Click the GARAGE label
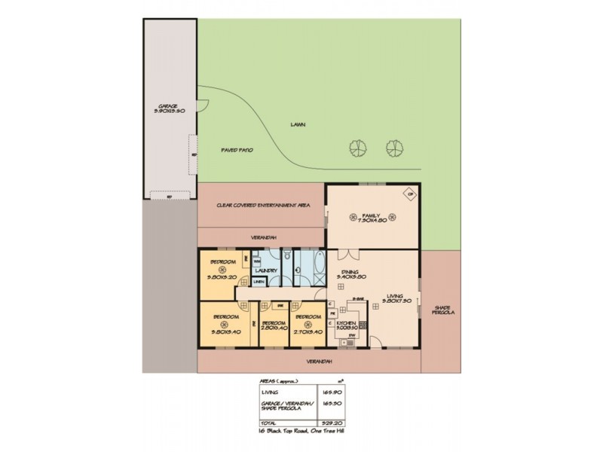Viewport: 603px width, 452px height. (167, 106)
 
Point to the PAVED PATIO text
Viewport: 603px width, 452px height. (236, 150)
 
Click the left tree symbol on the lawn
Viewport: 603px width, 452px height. (358, 148)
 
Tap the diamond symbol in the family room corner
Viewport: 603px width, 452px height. (410, 193)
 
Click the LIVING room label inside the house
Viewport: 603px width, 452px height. (393, 296)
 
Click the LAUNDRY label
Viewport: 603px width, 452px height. (268, 270)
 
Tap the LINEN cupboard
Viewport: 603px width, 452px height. (259, 282)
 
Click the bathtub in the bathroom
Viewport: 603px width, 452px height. (305, 267)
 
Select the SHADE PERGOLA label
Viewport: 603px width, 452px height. (443, 310)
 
